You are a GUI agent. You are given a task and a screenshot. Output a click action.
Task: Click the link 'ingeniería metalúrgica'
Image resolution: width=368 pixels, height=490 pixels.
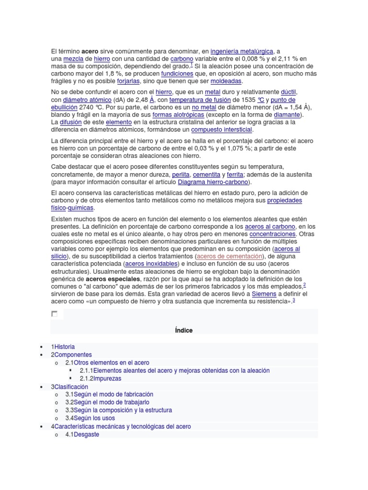coord(241,51)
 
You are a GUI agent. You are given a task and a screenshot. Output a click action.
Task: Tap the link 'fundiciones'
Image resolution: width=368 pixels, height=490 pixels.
coord(177,74)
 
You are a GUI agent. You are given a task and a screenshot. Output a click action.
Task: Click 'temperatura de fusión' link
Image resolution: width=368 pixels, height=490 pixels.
coord(199,100)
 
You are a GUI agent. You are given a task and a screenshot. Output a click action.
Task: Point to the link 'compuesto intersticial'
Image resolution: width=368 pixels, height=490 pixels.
coord(221,130)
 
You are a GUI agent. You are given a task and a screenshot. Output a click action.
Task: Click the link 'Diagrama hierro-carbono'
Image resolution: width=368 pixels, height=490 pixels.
coord(213,182)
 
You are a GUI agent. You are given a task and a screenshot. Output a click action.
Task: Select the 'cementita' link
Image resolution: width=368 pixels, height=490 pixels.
coord(207,175)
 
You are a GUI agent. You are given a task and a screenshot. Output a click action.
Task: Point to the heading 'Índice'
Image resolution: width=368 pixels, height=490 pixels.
coord(184,330)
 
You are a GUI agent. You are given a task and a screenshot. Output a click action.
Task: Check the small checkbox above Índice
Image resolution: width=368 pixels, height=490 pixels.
coord(54,314)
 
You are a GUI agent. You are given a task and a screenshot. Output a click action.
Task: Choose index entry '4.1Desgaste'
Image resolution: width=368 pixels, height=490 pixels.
coord(82,434)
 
